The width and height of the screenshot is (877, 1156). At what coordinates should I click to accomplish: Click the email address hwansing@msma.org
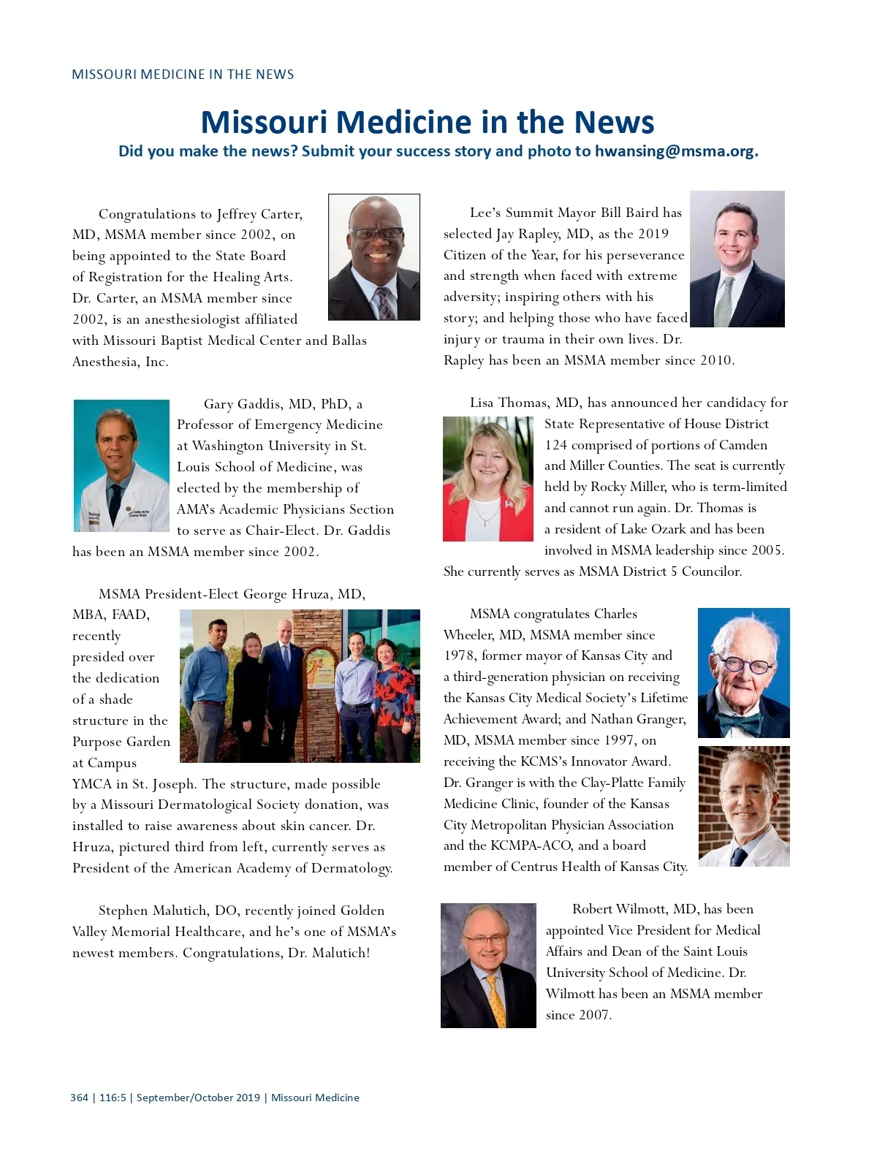[675, 151]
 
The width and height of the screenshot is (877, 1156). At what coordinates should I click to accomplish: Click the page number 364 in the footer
[79, 1098]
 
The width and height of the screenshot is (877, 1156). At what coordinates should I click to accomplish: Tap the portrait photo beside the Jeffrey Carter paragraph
[374, 256]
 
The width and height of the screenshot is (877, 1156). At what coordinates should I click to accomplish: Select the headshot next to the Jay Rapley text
[737, 259]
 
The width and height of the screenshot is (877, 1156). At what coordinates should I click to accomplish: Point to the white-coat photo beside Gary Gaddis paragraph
[121, 465]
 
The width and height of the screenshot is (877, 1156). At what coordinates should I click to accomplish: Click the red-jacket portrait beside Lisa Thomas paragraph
[488, 479]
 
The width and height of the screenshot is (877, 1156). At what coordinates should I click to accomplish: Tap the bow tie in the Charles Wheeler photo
[740, 723]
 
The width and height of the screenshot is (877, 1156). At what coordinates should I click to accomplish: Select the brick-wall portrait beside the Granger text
[744, 806]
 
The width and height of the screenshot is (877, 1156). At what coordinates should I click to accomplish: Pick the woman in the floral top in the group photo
[395, 694]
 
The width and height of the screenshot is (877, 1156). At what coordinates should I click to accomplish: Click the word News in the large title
[614, 122]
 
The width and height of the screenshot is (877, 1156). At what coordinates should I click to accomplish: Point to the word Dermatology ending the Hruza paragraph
[351, 868]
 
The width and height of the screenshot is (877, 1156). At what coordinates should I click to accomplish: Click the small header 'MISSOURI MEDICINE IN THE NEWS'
[183, 75]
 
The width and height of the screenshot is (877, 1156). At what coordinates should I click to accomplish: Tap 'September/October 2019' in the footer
[198, 1098]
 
